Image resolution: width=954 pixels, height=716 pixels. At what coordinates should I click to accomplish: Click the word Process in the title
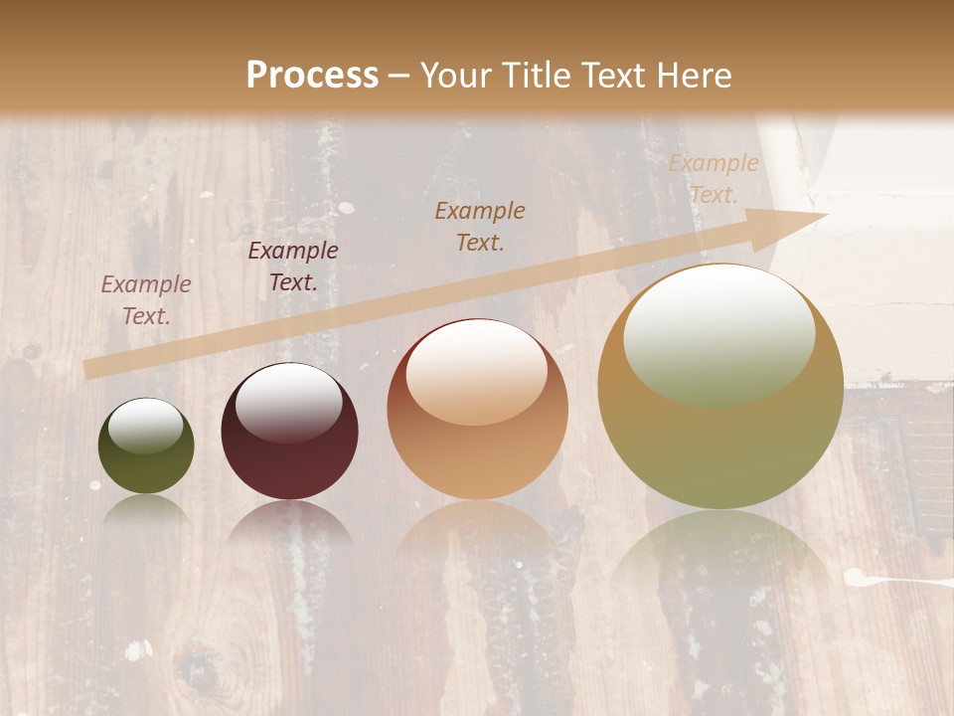coord(312,75)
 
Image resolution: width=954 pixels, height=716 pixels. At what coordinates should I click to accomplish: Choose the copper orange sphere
coord(477,457)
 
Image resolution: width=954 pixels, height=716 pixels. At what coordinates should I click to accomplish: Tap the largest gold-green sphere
coord(720,447)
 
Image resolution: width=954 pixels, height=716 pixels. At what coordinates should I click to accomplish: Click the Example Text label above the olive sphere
coord(146,299)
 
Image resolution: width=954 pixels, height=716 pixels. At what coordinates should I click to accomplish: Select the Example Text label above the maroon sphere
coord(293,267)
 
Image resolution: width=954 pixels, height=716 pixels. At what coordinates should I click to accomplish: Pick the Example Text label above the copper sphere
coord(480,226)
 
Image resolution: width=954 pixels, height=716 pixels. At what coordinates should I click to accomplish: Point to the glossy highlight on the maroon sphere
coord(288,402)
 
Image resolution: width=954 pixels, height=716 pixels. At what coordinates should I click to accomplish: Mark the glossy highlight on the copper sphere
coord(476,371)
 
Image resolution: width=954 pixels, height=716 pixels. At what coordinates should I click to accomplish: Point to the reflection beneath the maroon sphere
coord(289,522)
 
